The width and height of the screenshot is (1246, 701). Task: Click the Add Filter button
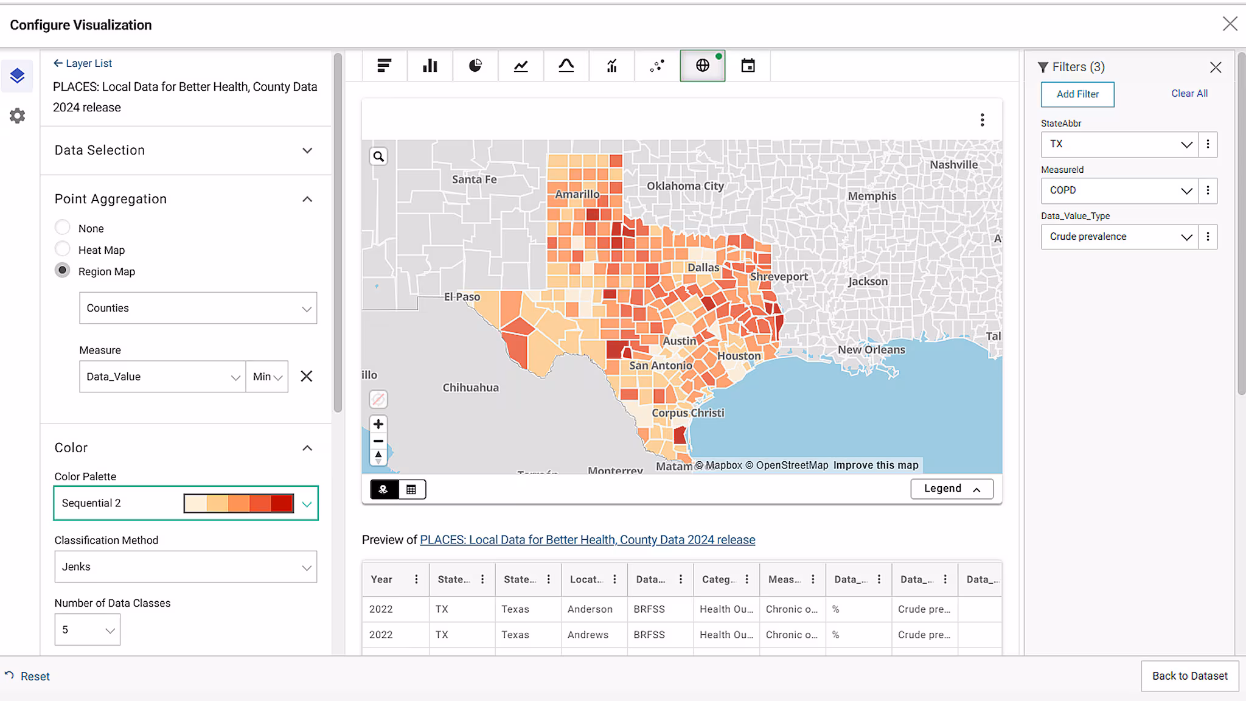coord(1077,94)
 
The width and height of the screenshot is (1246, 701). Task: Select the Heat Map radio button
coord(63,249)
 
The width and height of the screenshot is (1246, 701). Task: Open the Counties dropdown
coord(198,308)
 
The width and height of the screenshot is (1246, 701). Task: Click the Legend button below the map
coord(952,489)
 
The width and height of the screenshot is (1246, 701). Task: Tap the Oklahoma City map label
coord(685,186)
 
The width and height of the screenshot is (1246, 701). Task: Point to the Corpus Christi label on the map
coord(687,413)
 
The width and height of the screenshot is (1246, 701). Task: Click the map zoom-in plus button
coord(378,424)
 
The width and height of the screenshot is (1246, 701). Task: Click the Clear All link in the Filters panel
coord(1189,94)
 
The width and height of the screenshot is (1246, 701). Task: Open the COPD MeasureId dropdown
coord(1118,190)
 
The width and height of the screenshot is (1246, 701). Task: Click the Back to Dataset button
coord(1189,676)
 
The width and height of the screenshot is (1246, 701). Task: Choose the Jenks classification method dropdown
coord(186,567)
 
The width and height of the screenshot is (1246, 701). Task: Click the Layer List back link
coord(83,63)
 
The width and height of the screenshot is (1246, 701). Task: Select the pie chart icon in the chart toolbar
coord(475,66)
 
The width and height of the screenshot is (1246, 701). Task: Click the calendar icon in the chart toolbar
coord(748,66)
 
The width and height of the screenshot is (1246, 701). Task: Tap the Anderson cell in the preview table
coord(590,609)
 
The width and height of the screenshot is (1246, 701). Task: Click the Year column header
coord(381,579)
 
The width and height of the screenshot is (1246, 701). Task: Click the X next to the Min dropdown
coord(307,377)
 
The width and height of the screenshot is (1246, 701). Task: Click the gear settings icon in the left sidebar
coord(18,116)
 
